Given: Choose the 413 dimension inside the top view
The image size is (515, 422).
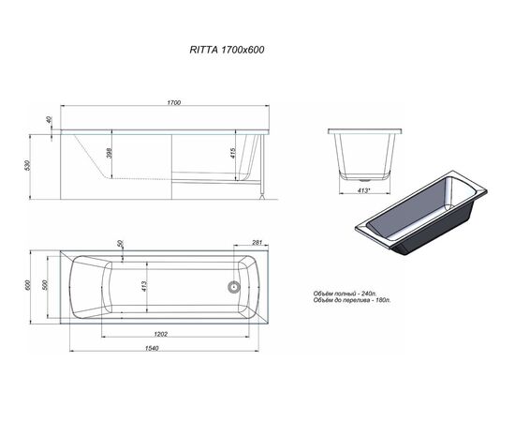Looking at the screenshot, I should pyautogui.click(x=143, y=286).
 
